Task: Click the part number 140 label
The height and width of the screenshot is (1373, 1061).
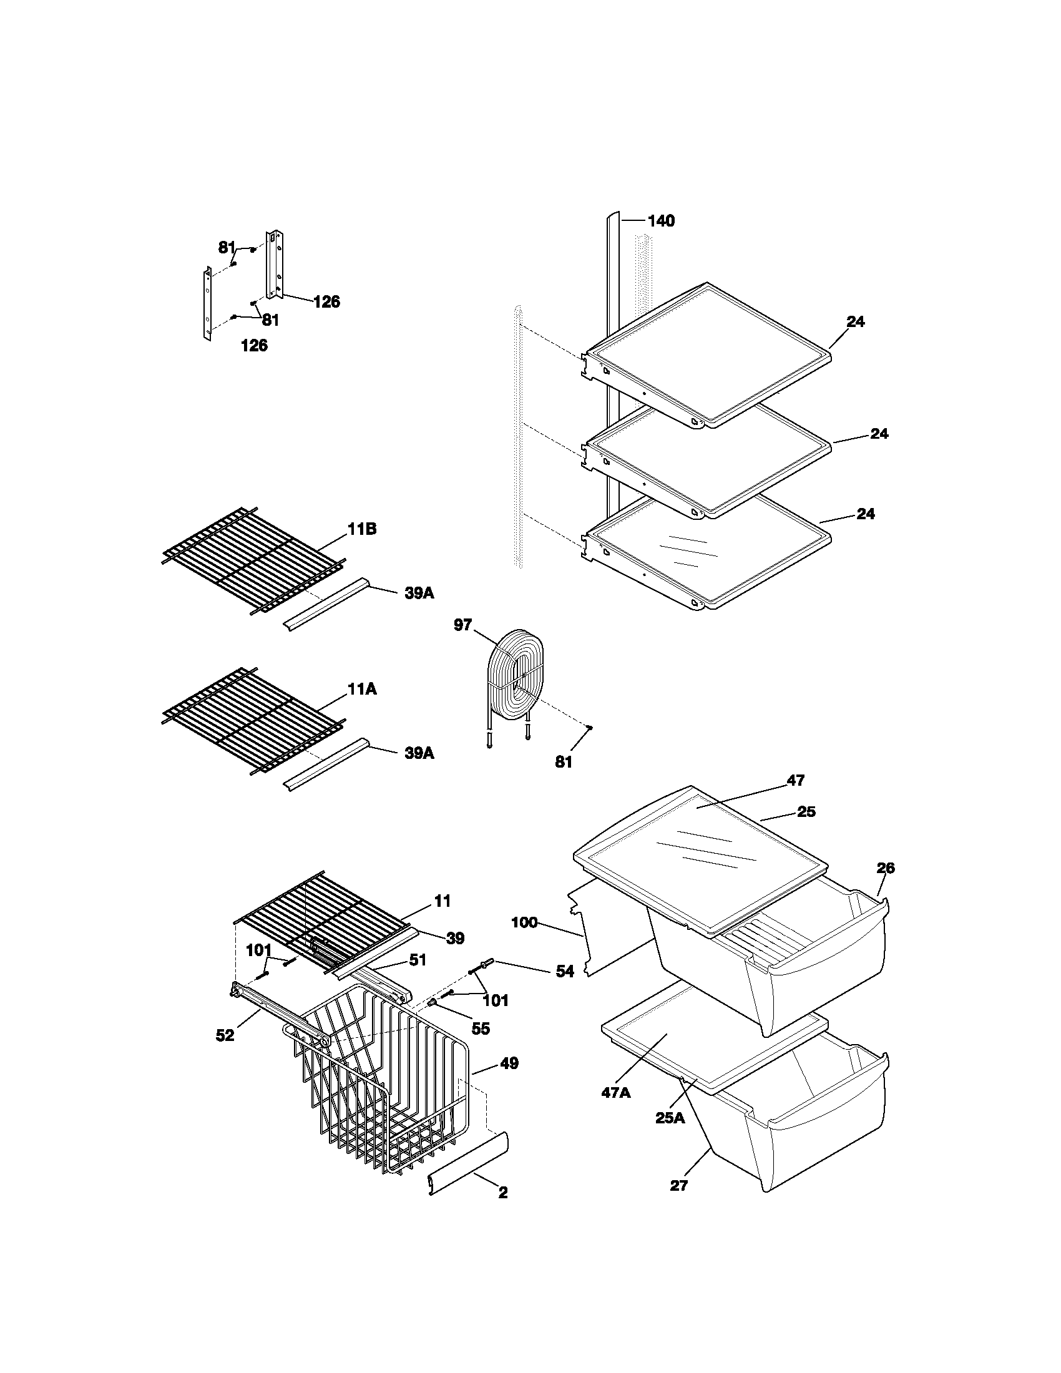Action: pos(660,221)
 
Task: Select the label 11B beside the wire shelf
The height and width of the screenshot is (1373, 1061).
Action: pos(362,529)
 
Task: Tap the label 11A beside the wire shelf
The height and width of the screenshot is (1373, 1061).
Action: pos(362,690)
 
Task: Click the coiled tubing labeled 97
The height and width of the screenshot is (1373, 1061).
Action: pos(511,679)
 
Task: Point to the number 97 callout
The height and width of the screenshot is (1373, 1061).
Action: pos(462,625)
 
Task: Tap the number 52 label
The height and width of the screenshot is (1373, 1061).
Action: pos(225,1035)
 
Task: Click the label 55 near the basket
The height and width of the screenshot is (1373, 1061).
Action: pos(480,1029)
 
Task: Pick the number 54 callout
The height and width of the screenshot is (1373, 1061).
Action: pos(564,972)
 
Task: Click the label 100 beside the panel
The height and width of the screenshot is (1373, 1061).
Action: pos(524,922)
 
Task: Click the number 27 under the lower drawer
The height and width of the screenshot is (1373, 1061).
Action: pos(679,1186)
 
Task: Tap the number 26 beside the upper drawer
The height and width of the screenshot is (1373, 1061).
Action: pos(885,868)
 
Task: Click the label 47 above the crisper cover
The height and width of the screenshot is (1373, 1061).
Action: pos(795,780)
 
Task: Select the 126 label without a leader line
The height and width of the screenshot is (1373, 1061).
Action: pos(254,345)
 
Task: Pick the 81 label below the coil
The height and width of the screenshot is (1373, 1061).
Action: pos(563,762)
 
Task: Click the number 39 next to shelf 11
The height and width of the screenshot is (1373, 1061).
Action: pos(455,939)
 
